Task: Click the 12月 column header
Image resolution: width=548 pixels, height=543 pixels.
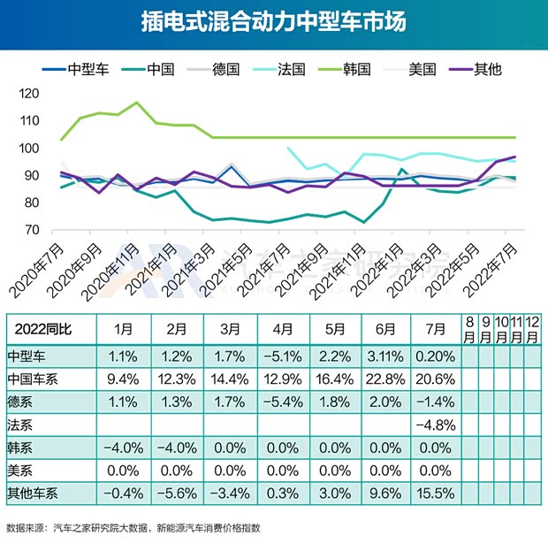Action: [x=532, y=328]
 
